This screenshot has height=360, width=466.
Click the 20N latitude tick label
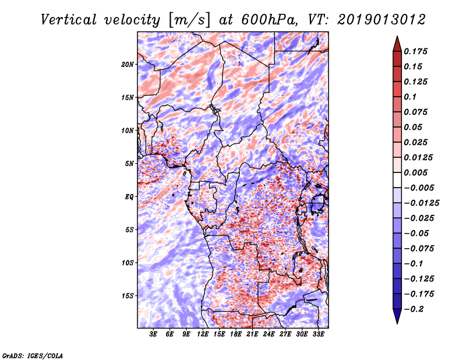coord(128,64)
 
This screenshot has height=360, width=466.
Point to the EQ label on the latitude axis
coord(129,196)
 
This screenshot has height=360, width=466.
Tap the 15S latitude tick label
coord(128,295)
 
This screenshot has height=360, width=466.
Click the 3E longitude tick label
coord(153,334)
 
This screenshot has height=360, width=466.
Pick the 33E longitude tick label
coord(319,334)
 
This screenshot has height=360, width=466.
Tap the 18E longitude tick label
coord(236,334)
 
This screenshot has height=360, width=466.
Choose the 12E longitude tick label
coord(203,334)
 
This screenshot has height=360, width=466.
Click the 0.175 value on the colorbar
coord(417,51)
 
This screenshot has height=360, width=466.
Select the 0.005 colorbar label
coord(417,172)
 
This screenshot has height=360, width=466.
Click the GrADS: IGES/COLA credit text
coord(32,355)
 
